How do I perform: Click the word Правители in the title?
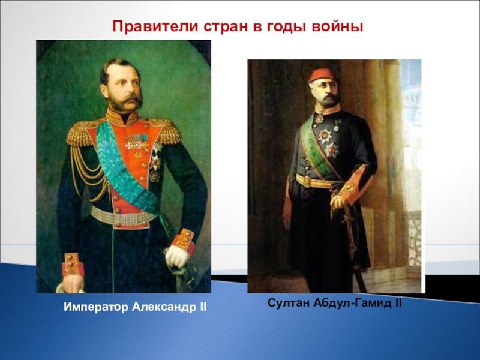click(x=155, y=26)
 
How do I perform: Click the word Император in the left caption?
click(x=96, y=307)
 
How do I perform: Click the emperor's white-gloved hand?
click(x=177, y=256)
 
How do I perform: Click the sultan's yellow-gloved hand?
click(x=338, y=201)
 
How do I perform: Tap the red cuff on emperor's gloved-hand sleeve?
click(x=183, y=241)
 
